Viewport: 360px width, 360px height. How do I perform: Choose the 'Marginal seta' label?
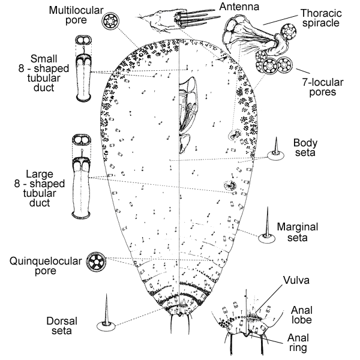[298, 233]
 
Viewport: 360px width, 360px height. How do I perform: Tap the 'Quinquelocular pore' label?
[42, 266]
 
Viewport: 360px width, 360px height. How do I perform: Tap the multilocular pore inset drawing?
[112, 22]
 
